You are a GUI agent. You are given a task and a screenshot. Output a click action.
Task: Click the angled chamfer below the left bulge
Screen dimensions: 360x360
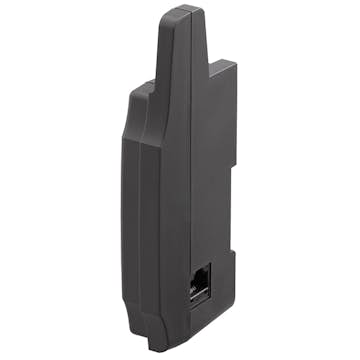pos(127,140)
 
